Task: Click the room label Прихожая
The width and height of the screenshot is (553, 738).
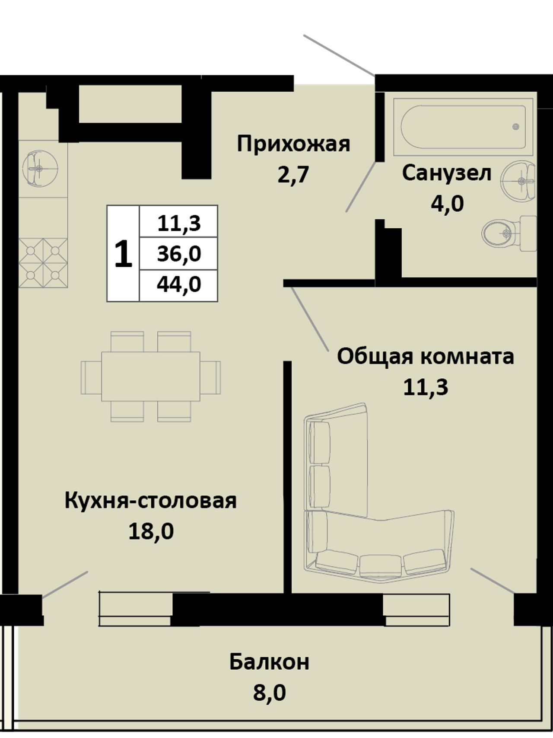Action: [293, 144]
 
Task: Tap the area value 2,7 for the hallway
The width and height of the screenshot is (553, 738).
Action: [294, 175]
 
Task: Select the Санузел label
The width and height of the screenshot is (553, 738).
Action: [447, 174]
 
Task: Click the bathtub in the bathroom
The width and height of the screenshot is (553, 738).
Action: [463, 127]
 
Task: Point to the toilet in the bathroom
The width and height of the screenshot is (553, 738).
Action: [509, 233]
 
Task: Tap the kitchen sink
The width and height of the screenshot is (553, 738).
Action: [40, 169]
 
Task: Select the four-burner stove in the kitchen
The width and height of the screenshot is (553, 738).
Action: [43, 262]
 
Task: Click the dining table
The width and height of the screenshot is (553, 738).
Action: [151, 376]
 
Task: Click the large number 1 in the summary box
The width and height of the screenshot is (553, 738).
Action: [123, 254]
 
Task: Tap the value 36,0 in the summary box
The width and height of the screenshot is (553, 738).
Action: [179, 254]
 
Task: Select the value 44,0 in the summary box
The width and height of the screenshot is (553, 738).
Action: [179, 284]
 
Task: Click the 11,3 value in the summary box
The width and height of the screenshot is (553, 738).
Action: [179, 223]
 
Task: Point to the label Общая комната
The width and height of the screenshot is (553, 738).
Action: [425, 357]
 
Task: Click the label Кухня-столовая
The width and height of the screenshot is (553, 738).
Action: [150, 501]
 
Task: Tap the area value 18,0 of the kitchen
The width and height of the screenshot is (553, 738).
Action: [151, 531]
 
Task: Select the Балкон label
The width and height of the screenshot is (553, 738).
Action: [269, 662]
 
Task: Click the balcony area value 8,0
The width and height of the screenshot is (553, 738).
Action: [270, 693]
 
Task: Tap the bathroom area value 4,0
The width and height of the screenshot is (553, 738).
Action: [447, 203]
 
